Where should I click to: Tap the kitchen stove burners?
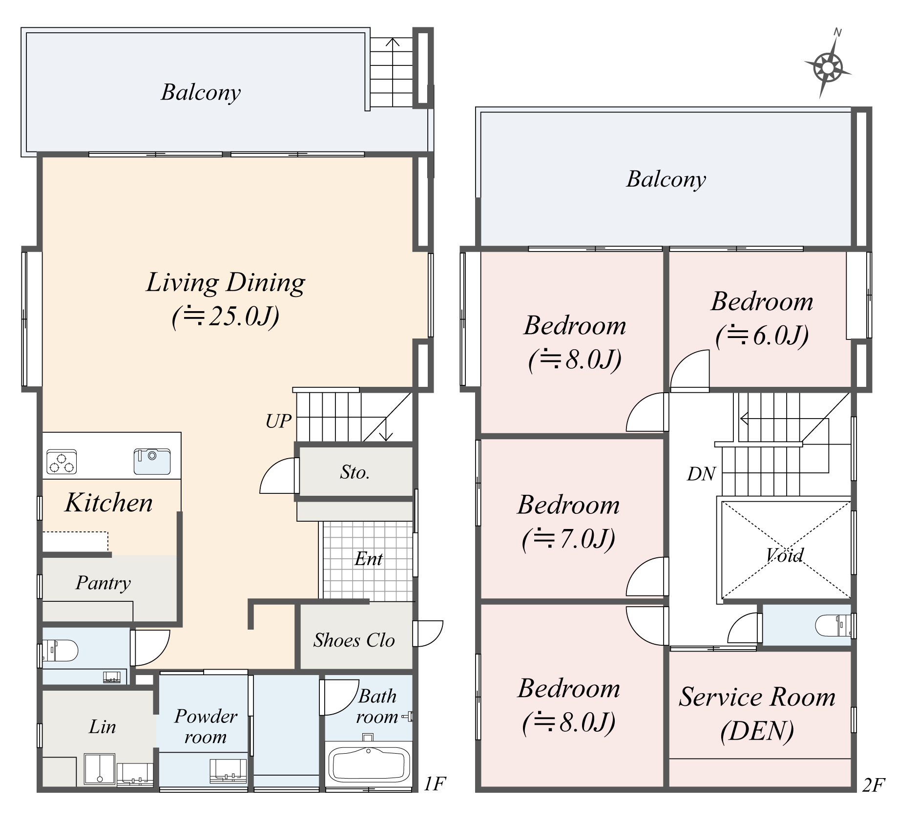click(x=62, y=462)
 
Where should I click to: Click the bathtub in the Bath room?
click(x=369, y=764)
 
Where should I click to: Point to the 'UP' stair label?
click(x=278, y=421)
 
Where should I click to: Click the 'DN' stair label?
click(x=701, y=474)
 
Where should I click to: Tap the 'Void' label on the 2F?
click(x=785, y=555)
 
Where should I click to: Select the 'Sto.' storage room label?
click(x=355, y=472)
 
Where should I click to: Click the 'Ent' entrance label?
click(x=369, y=559)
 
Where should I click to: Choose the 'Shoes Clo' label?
click(x=354, y=640)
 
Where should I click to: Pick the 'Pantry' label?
click(x=104, y=583)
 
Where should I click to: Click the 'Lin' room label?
click(x=103, y=727)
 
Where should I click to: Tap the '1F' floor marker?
click(x=435, y=783)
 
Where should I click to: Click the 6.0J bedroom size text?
click(x=762, y=336)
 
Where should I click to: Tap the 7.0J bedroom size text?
click(x=568, y=539)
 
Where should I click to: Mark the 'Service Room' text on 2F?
click(x=757, y=697)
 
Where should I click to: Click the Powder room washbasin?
click(x=228, y=771)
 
